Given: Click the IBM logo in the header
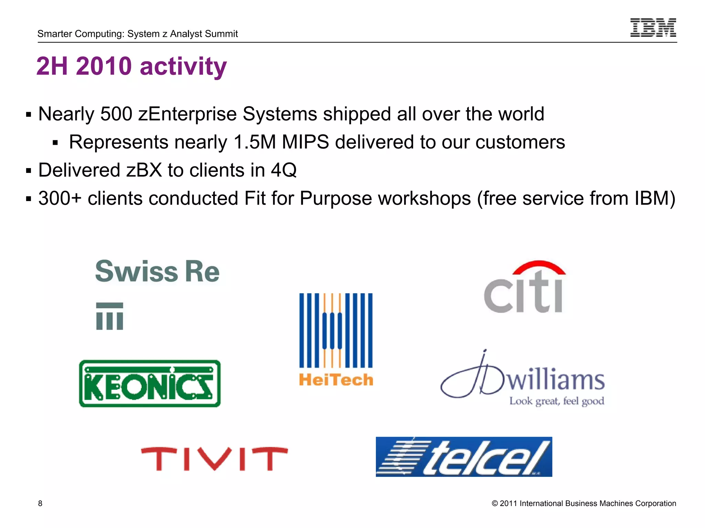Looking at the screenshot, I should pos(653,27).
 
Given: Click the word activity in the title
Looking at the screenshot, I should pos(183,66).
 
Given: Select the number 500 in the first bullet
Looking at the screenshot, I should pos(116,114).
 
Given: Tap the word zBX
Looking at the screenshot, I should pos(144,170).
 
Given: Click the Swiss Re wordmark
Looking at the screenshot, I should pos(157,272).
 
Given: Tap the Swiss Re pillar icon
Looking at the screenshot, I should pos(109,316).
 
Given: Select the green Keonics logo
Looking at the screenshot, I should pos(150,384).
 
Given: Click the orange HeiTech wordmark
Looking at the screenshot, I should pos(336,380).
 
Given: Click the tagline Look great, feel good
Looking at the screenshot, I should pos(557,401).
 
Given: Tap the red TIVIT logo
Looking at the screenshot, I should pos(214,459).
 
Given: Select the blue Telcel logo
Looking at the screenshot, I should pos(464,457).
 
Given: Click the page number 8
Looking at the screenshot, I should pos(40,504).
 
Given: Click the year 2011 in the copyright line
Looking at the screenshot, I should pos(508,504).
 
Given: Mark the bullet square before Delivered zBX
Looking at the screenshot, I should pos(29,170).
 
